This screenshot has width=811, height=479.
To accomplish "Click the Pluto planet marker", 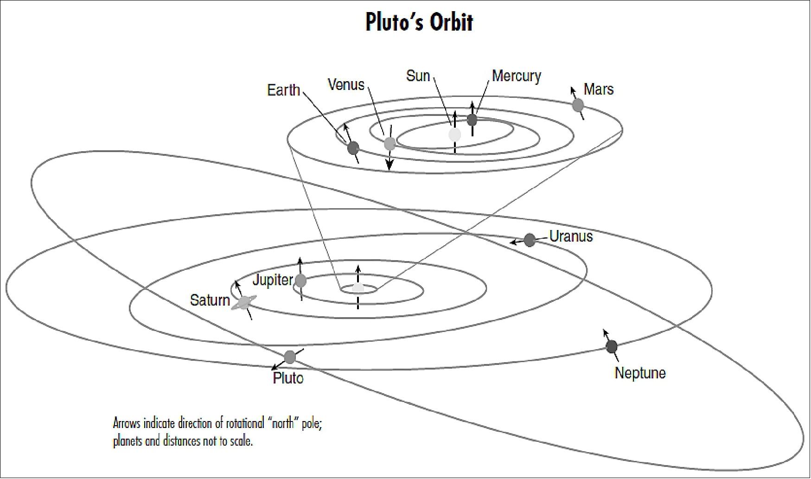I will point(290,357).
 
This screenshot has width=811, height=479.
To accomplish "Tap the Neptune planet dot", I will point(612,346).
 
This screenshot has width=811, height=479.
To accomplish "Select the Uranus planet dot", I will point(530,240).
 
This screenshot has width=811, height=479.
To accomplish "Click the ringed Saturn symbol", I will point(243,302).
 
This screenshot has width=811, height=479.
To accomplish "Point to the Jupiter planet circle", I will point(300,280).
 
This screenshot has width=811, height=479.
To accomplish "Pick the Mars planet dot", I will point(577,105).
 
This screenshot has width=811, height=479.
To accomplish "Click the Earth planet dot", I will point(353,148).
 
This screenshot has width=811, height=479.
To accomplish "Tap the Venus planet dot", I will point(390,143).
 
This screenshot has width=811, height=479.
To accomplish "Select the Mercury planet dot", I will point(472,120).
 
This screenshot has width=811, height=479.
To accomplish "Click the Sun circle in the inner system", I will point(455,134).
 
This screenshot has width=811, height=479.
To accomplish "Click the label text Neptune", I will point(640,373).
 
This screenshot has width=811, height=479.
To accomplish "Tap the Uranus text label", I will point(571,236).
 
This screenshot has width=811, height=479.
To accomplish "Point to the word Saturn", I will point(210,300).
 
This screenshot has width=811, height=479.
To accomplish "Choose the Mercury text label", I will point(516,76).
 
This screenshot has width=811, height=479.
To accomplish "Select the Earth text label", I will point(283,90).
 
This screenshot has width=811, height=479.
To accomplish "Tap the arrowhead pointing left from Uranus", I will point(513,242).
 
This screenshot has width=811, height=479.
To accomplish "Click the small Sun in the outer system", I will point(358,288).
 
